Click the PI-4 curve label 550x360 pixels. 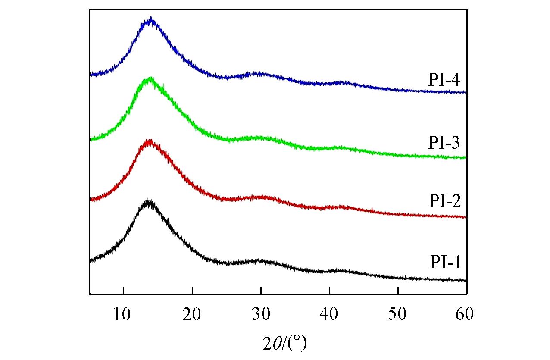tap(445, 80)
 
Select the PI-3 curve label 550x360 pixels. tap(445, 142)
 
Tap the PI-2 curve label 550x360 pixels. tap(445, 201)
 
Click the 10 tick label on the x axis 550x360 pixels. tap(123, 314)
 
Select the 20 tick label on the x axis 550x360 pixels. tap(192, 314)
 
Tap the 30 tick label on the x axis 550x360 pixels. tap(261, 314)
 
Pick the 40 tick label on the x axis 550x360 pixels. tap(329, 314)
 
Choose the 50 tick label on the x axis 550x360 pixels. tap(398, 314)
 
